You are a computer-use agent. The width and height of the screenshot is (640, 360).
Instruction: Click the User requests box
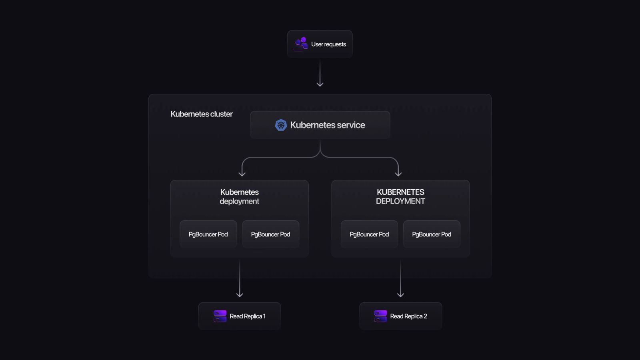[320, 44]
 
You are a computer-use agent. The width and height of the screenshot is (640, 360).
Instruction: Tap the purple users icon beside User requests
[301, 44]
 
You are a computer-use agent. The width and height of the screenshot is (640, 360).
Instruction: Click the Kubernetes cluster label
[201, 114]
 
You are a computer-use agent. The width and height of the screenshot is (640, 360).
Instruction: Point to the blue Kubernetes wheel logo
[281, 125]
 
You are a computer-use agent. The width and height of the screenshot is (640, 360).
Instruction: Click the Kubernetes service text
[327, 125]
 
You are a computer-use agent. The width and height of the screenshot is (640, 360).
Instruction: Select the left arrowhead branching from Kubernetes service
[242, 173]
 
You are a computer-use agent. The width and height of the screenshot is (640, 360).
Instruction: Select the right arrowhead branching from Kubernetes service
[398, 173]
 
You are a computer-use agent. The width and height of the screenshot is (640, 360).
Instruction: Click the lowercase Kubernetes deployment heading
[239, 196]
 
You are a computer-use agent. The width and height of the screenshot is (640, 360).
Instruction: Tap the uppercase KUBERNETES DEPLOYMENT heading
[400, 196]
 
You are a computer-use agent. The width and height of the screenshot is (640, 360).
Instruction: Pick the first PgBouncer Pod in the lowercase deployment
[208, 234]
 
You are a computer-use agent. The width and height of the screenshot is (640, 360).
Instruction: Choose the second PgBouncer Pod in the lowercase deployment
[270, 234]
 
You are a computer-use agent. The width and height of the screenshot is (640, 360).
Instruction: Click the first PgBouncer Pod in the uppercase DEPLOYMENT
[369, 234]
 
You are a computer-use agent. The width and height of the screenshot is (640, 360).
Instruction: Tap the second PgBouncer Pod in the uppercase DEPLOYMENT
[432, 234]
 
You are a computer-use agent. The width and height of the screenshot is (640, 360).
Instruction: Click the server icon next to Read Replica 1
[220, 316]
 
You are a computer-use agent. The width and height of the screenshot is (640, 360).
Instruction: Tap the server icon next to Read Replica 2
[380, 316]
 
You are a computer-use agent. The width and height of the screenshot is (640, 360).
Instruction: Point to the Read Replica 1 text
[248, 316]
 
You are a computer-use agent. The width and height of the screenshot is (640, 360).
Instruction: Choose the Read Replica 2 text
[408, 316]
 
